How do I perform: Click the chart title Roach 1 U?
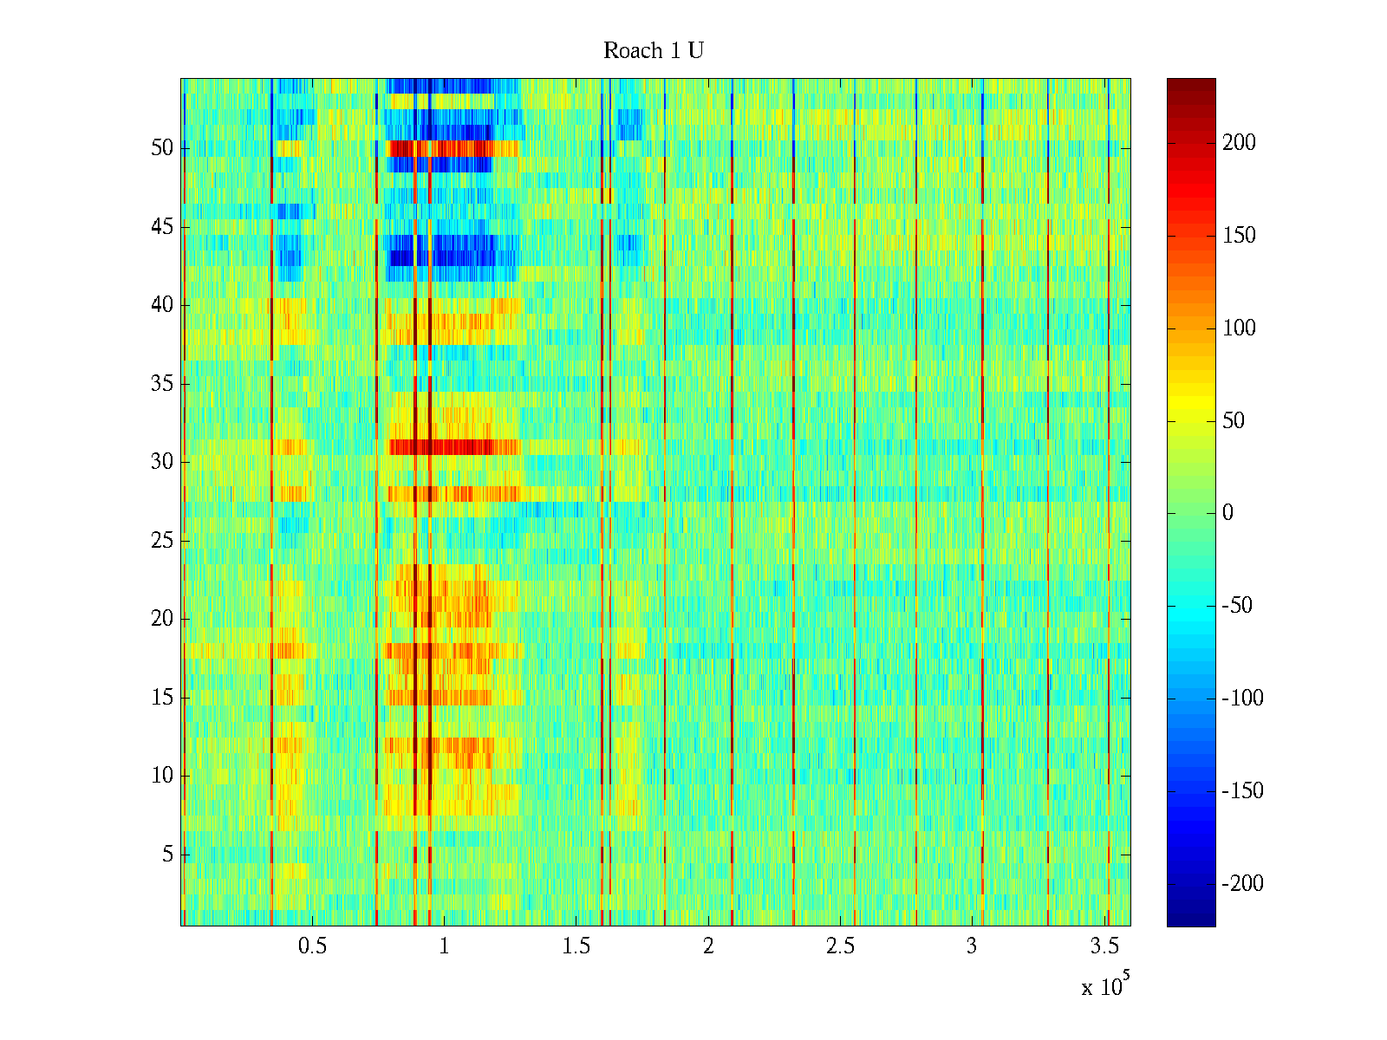pyautogui.click(x=653, y=51)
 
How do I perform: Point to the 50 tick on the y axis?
pyautogui.click(x=162, y=148)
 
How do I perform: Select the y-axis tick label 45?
pyautogui.click(x=162, y=227)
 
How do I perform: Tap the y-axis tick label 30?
pyautogui.click(x=162, y=462)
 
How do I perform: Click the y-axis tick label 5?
pyautogui.click(x=167, y=855)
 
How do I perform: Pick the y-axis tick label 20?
pyautogui.click(x=162, y=619)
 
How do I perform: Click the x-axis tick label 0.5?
pyautogui.click(x=312, y=946)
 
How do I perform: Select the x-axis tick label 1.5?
pyautogui.click(x=576, y=946)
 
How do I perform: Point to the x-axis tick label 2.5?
pyautogui.click(x=840, y=946)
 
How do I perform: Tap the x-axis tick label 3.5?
pyautogui.click(x=1104, y=946)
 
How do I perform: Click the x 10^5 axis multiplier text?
pyautogui.click(x=1104, y=985)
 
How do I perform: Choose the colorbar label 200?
pyautogui.click(x=1239, y=143)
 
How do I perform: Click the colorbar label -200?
pyautogui.click(x=1242, y=884)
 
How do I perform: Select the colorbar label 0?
pyautogui.click(x=1227, y=513)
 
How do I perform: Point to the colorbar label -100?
pyautogui.click(x=1242, y=699)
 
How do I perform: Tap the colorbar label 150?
pyautogui.click(x=1239, y=236)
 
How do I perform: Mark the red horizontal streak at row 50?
pyautogui.click(x=451, y=148)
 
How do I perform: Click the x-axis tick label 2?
pyautogui.click(x=708, y=946)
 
